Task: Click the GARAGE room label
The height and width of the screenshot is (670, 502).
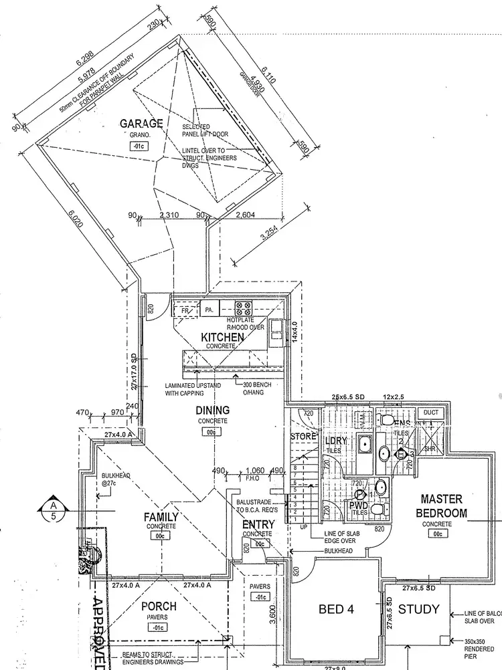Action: [x=141, y=124]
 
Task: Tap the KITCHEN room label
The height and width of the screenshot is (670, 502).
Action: [x=222, y=338]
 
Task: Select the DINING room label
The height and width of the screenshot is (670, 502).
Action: [x=212, y=410]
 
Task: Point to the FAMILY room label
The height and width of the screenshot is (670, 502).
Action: [x=161, y=517]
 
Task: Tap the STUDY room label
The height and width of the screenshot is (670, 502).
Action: [x=419, y=609]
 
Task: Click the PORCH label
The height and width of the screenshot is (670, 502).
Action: [x=159, y=606]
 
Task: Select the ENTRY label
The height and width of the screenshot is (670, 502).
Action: [x=258, y=524]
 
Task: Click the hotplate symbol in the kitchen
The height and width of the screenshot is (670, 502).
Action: [x=242, y=309]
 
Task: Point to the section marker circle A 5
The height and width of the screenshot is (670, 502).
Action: [x=53, y=510]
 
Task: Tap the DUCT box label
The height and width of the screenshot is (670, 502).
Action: [x=431, y=413]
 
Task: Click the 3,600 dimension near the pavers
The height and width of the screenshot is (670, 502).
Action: [x=272, y=613]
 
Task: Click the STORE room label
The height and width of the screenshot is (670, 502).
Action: [x=302, y=437]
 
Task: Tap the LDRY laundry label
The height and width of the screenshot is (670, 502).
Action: [x=337, y=441]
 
